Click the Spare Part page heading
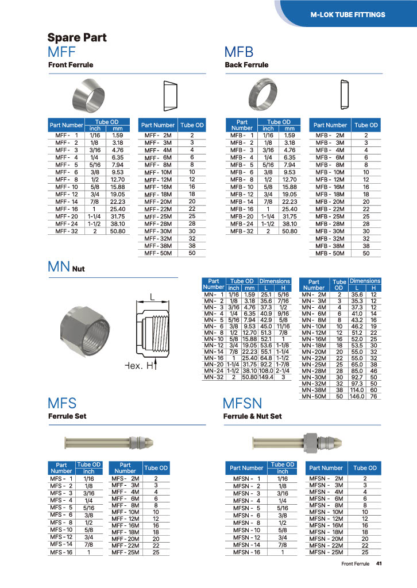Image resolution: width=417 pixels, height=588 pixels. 76,38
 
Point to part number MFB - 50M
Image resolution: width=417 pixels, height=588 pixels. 330,253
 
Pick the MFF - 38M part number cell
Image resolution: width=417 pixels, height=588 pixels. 158,246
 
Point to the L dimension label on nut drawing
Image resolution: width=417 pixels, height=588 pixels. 152,297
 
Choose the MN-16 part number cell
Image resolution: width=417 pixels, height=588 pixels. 214,358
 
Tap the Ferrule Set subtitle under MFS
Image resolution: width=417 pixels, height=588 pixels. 67,416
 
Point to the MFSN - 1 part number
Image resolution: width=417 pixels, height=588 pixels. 247,478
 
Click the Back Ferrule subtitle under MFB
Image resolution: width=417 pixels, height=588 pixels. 246,65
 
